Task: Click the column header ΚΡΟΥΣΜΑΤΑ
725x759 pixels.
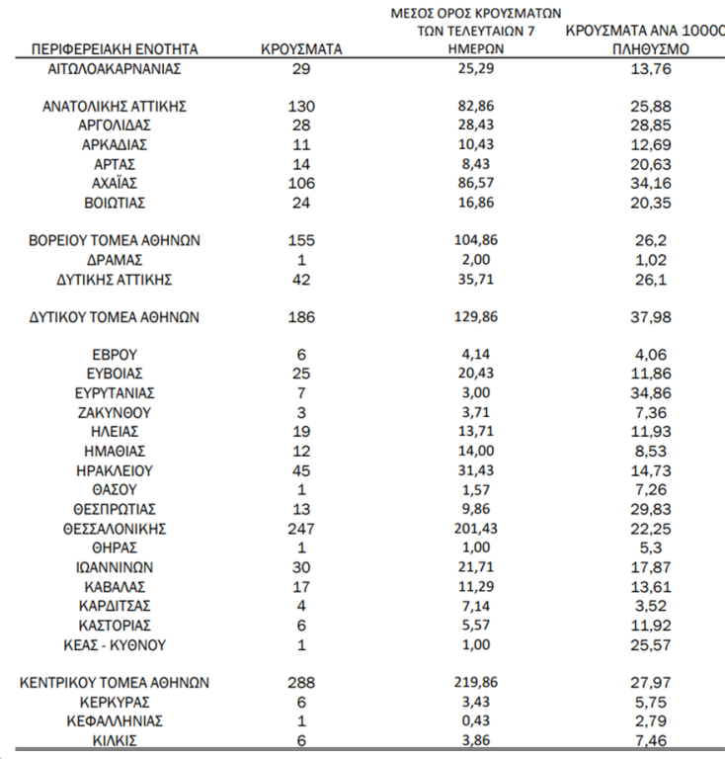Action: coord(301,48)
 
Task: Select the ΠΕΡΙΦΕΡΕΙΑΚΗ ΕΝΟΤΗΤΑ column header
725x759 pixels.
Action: coord(115,48)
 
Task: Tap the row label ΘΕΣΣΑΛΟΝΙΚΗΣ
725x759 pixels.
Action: coord(115,529)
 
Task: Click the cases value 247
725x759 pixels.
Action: coord(301,529)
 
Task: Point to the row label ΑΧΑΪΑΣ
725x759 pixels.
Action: coord(115,184)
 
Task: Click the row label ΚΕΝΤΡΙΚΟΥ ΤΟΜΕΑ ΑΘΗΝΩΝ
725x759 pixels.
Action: coord(115,683)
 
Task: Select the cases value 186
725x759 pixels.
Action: coord(301,318)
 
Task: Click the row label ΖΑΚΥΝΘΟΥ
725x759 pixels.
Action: coord(115,412)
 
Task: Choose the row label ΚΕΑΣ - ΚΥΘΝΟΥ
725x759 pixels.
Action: coord(115,645)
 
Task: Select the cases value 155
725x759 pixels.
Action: coord(301,240)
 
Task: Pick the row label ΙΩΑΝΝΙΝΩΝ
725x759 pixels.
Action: coord(115,567)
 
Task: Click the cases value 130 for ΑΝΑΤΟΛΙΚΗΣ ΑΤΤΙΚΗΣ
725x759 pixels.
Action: coord(301,106)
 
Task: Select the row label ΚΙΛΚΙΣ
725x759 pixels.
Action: coord(115,740)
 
